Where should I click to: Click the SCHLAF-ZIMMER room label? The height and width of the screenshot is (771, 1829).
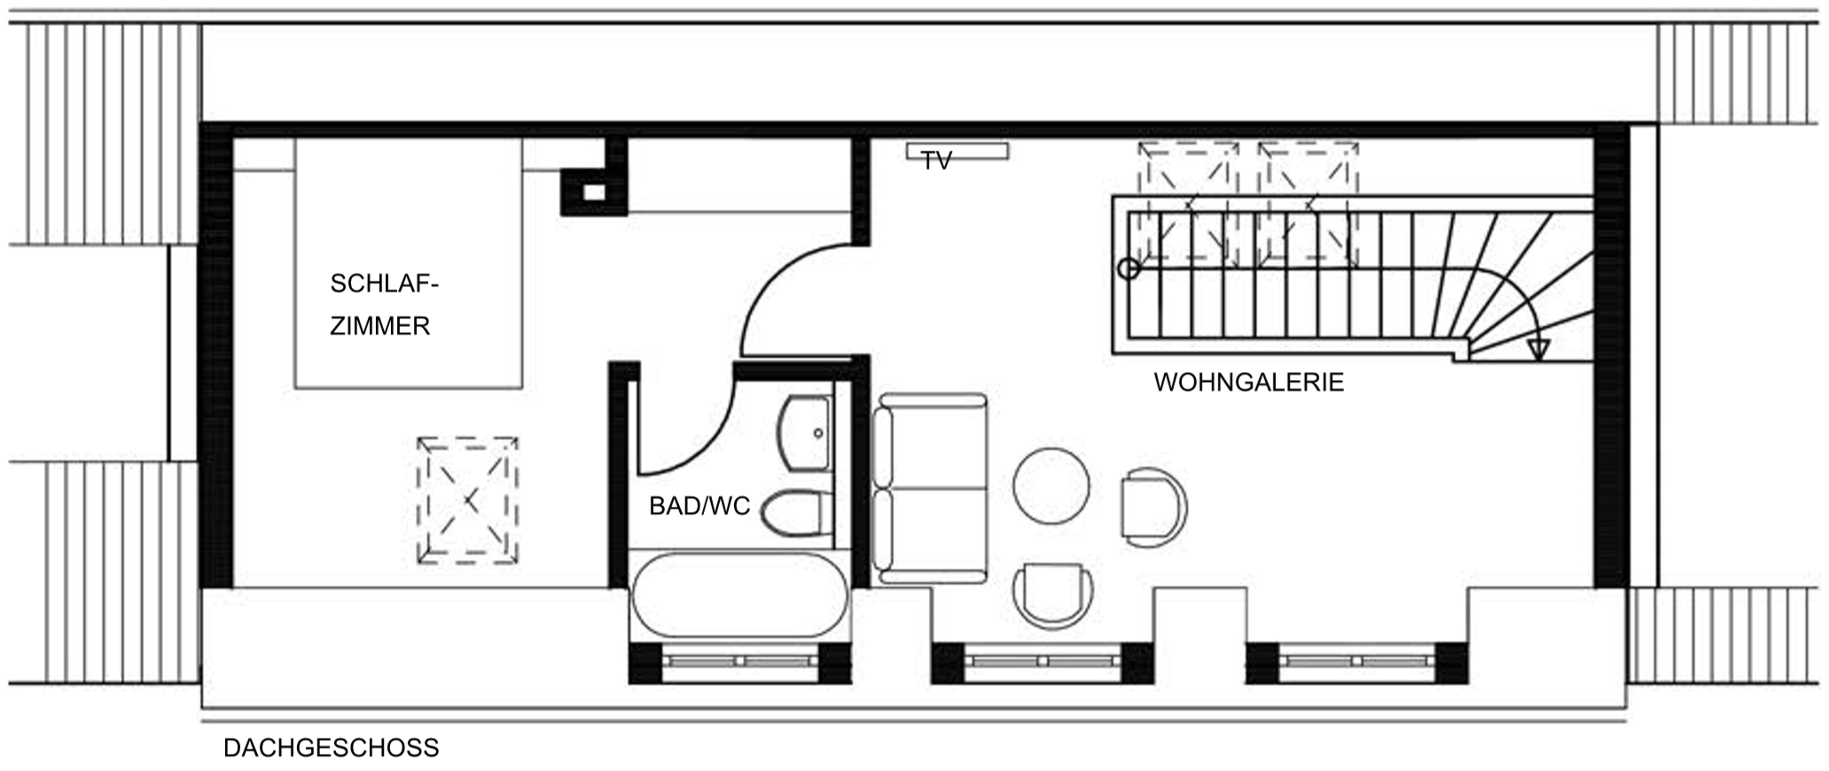pyautogui.click(x=384, y=305)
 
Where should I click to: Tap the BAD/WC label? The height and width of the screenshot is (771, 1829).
pyautogui.click(x=700, y=506)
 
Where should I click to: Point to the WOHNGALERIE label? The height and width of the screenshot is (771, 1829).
pyautogui.click(x=1248, y=382)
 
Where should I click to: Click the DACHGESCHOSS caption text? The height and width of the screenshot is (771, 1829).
pyautogui.click(x=331, y=748)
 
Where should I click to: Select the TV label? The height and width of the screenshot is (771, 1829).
pyautogui.click(x=936, y=160)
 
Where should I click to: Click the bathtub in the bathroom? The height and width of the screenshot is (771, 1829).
pyautogui.click(x=739, y=595)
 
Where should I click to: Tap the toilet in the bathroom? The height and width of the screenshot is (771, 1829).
pyautogui.click(x=797, y=513)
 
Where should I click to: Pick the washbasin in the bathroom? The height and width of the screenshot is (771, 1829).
pyautogui.click(x=804, y=433)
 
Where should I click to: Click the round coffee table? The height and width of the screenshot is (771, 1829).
pyautogui.click(x=1051, y=486)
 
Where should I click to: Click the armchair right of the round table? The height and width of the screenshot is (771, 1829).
pyautogui.click(x=1153, y=508)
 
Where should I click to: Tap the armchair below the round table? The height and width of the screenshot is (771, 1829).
pyautogui.click(x=1053, y=595)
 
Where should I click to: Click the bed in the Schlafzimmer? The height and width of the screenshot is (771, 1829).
pyautogui.click(x=408, y=263)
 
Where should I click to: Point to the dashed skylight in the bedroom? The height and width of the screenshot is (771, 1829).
pyautogui.click(x=467, y=501)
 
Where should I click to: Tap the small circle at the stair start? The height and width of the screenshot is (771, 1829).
pyautogui.click(x=1129, y=269)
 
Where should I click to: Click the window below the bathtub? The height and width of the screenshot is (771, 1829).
pyautogui.click(x=740, y=662)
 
